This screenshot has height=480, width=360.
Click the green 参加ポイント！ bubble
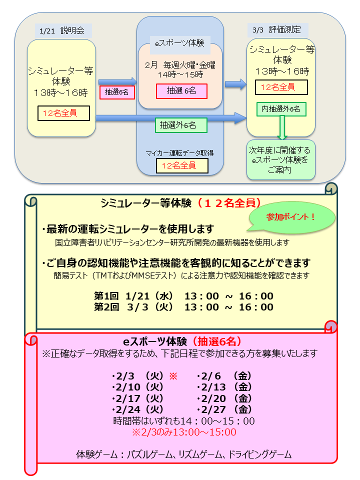(291, 217)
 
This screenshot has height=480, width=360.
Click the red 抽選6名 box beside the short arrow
(117, 92)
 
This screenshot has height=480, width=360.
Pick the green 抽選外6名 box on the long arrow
(180, 124)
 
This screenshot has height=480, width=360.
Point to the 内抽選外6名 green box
(281, 109)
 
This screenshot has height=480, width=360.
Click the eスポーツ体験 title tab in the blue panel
(179, 43)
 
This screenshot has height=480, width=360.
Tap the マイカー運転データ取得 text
(180, 153)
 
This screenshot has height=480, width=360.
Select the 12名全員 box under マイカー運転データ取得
(182, 165)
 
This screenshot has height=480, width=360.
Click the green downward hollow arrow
(282, 127)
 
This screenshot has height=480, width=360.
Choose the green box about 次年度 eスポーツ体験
(281, 160)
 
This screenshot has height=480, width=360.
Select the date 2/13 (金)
(224, 387)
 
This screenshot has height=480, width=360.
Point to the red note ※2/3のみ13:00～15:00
(184, 432)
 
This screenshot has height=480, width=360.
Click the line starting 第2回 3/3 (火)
(183, 307)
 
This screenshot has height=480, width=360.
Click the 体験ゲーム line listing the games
(183, 455)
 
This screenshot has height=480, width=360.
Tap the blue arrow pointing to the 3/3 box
(235, 84)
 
